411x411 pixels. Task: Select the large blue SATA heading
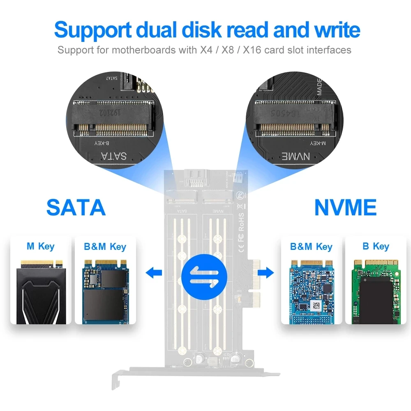click(76, 207)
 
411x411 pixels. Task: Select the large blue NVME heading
click(345, 207)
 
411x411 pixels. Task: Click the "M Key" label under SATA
click(40, 246)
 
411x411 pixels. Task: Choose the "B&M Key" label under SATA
click(105, 247)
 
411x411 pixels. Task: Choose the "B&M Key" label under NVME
click(311, 247)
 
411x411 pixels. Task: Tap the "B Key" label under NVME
click(376, 246)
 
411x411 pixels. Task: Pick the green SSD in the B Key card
click(376, 292)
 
